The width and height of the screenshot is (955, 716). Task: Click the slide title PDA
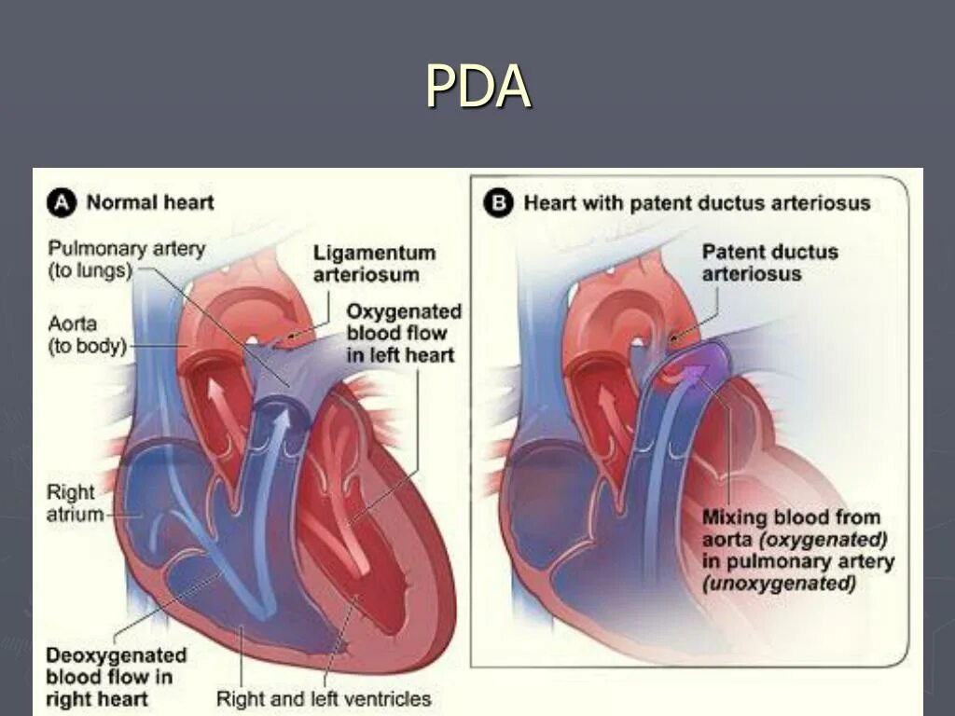click(477, 87)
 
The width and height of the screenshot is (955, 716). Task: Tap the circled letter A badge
click(62, 202)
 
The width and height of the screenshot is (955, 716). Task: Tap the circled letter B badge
click(499, 202)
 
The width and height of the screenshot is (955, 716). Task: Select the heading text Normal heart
click(150, 202)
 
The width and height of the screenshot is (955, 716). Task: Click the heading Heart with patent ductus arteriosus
click(697, 203)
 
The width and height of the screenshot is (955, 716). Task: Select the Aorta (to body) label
click(86, 335)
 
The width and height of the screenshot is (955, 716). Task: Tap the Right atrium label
click(74, 503)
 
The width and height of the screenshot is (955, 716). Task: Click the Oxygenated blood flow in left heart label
click(404, 333)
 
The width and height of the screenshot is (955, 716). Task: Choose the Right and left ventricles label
click(324, 698)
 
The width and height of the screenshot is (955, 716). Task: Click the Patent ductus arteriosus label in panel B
click(769, 262)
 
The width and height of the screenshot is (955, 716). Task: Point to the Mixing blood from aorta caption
click(791, 517)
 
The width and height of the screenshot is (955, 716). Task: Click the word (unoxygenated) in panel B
click(779, 585)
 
